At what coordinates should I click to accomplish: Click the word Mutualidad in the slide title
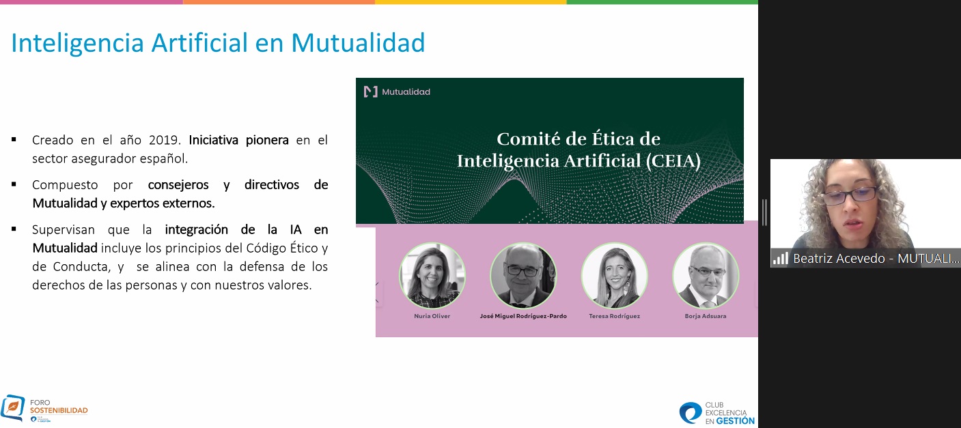point(358,43)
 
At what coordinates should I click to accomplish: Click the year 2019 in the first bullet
point(163,140)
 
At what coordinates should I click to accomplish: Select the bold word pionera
point(267,141)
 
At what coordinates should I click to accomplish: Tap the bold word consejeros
point(178,185)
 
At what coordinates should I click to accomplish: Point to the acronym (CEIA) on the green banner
point(673,161)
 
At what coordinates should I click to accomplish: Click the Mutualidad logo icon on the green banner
point(371,91)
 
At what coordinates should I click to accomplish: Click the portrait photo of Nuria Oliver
point(432,275)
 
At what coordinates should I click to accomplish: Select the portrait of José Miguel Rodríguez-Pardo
point(523,275)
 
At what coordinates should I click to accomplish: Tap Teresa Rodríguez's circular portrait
point(614,275)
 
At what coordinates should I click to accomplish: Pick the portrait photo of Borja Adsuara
point(706,275)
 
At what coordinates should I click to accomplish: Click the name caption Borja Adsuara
point(706,316)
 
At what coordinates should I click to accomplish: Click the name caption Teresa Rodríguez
point(614,316)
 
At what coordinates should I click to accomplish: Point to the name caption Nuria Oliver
point(432,316)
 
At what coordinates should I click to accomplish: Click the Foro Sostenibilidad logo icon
point(13,408)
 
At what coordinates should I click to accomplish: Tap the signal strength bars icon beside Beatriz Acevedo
point(781,258)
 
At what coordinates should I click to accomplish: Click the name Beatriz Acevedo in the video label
point(839,258)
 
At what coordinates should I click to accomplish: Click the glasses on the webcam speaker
point(850,195)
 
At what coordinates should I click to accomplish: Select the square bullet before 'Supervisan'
point(14,229)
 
